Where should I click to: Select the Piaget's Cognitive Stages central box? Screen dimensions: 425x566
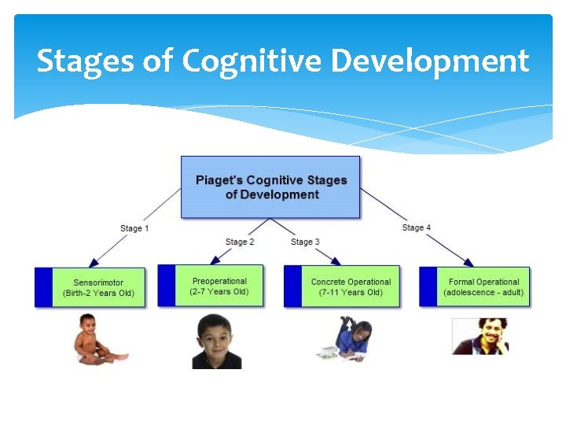click(270, 187)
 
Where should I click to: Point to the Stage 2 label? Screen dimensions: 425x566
click(240, 242)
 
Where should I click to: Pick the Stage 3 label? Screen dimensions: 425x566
click(305, 242)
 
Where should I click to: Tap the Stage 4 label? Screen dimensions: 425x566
click(417, 227)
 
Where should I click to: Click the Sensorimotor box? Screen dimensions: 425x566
click(90, 287)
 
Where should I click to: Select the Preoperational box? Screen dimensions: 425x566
click(212, 286)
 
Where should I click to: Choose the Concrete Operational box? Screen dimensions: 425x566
click(342, 286)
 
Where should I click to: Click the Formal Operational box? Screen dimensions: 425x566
click(475, 286)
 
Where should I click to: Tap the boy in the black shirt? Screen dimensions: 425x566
click(216, 342)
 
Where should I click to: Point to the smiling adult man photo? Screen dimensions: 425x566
click(480, 336)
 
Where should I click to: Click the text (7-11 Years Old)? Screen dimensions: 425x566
click(351, 293)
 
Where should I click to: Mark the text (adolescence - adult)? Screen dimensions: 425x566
click(483, 293)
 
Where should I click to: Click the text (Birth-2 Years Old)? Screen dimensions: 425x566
click(99, 294)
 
